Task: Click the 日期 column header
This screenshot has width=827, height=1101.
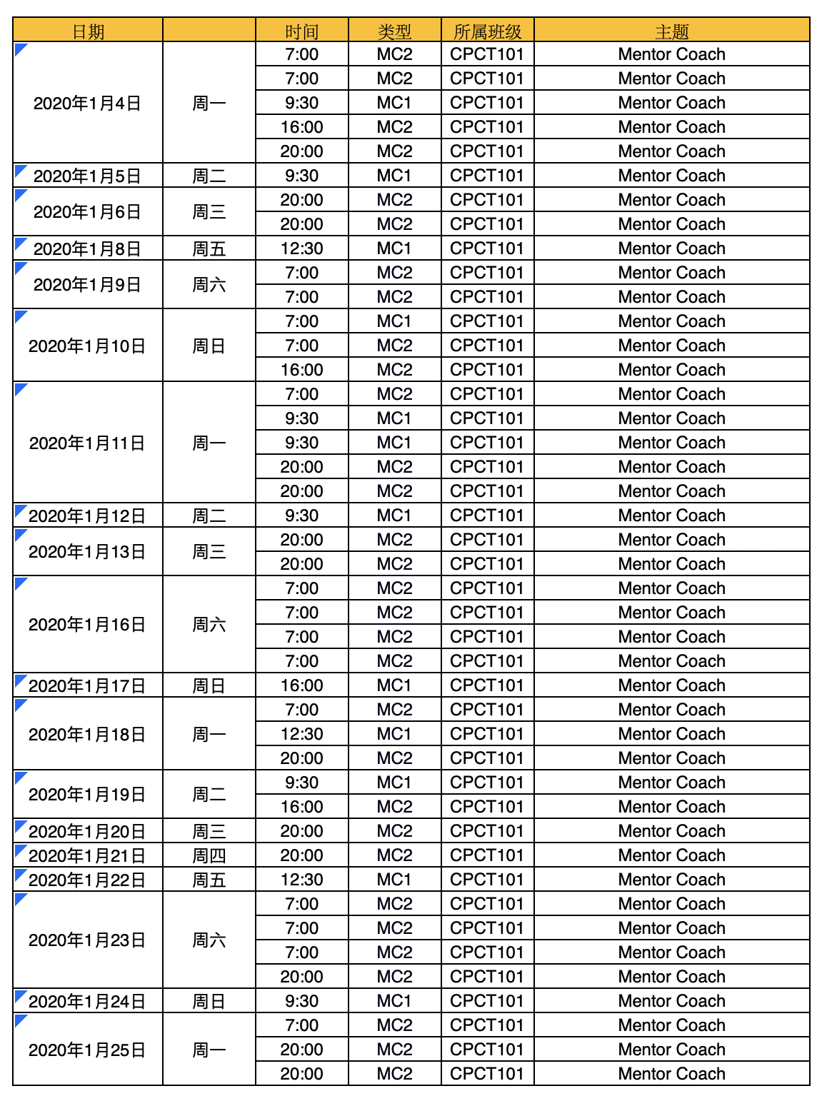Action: tap(88, 31)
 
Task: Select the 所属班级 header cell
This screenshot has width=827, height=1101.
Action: tap(487, 31)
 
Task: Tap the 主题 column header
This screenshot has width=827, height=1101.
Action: tap(671, 31)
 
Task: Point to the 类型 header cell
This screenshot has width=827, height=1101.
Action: tap(394, 31)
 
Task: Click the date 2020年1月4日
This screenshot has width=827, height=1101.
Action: tap(87, 104)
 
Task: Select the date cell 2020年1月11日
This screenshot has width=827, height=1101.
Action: tap(87, 443)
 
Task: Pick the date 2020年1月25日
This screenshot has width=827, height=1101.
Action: tap(87, 1050)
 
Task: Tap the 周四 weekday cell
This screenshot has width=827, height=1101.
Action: tap(209, 855)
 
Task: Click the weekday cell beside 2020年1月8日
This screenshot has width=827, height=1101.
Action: tap(209, 248)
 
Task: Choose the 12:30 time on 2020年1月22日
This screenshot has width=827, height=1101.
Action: tap(301, 880)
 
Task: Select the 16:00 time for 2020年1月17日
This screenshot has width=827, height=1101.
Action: tap(301, 685)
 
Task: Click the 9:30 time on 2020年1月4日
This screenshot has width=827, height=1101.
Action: tap(301, 103)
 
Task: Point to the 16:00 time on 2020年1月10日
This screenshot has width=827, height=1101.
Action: tap(301, 370)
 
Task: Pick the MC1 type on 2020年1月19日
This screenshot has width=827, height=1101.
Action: tap(394, 783)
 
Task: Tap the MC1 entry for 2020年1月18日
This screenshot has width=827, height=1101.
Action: tap(394, 734)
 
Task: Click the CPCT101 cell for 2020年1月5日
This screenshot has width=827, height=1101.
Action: tap(487, 176)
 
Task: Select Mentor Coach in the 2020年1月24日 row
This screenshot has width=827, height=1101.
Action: tap(671, 1001)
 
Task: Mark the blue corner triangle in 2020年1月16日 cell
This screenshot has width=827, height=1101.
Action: tap(20, 583)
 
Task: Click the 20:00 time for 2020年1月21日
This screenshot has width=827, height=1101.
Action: tap(301, 855)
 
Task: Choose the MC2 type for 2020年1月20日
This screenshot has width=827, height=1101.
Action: tap(394, 831)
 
